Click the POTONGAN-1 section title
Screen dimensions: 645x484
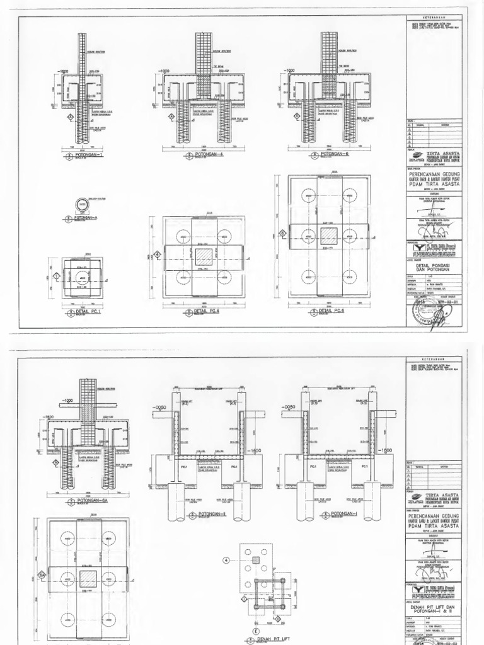[x=88, y=154]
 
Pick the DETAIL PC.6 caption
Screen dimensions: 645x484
[x=333, y=311]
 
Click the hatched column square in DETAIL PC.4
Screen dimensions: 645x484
[x=204, y=257]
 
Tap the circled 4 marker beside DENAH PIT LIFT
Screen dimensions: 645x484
[x=225, y=558]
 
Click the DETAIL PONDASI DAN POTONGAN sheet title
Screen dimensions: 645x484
[x=435, y=268]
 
